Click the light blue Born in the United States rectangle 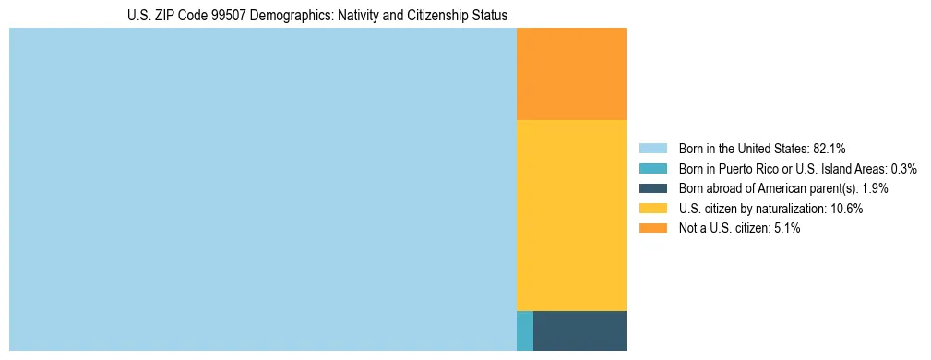262,189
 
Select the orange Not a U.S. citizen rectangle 571,74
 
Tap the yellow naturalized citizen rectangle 571,215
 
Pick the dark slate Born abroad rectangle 579,330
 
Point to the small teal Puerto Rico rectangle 524,330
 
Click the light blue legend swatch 652,148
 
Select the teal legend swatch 652,168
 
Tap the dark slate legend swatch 652,188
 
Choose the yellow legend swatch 652,208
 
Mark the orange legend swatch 652,228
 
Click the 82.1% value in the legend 830,148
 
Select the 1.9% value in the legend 875,188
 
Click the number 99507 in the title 216,16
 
